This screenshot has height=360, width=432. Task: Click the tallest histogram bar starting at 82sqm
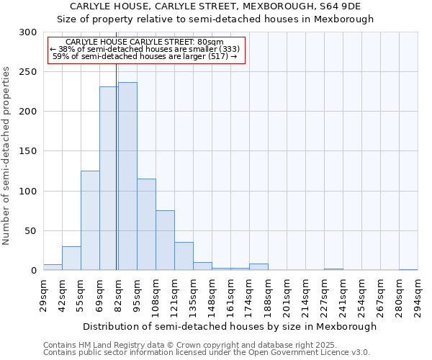pos(127,176)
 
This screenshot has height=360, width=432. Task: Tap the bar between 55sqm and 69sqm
pos(90,220)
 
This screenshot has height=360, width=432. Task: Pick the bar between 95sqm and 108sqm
pos(146,225)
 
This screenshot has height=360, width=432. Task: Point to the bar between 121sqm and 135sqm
pos(184,256)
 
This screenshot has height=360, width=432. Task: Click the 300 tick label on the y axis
pos(28,32)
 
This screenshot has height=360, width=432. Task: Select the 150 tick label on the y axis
pos(28,152)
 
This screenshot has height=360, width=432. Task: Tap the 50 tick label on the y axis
pos(31,231)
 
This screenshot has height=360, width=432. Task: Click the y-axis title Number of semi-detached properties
pos(7,156)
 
